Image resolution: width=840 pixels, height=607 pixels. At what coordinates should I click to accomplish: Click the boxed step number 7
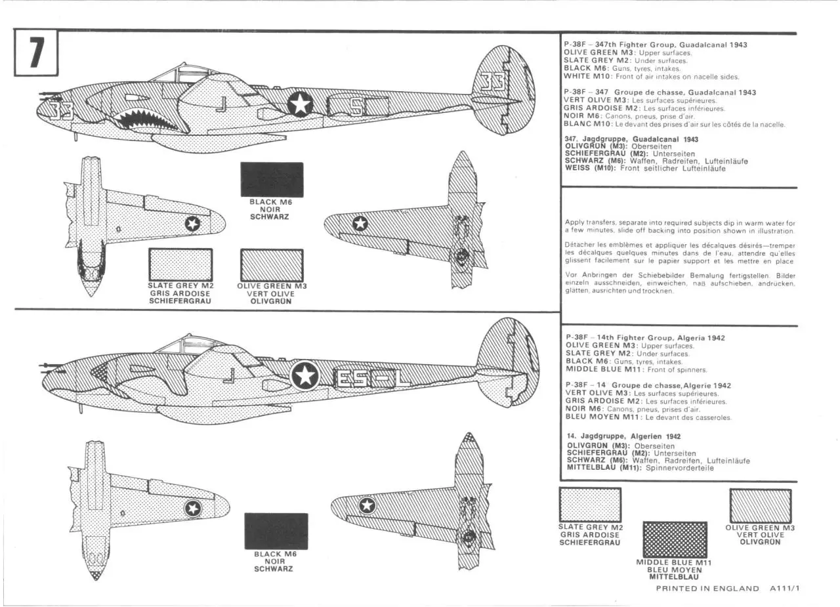click(x=36, y=53)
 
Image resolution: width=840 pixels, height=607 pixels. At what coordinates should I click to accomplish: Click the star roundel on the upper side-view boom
click(x=300, y=104)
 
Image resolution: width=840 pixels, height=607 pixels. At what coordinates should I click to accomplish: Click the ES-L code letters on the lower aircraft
click(x=371, y=378)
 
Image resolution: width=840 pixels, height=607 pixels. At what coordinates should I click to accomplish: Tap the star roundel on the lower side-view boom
click(x=305, y=375)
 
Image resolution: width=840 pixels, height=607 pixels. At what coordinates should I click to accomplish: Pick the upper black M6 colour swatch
click(x=272, y=180)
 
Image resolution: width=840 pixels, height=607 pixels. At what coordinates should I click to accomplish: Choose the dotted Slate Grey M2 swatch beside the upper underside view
click(x=180, y=264)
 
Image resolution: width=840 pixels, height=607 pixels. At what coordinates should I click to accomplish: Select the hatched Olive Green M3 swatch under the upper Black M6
click(x=272, y=265)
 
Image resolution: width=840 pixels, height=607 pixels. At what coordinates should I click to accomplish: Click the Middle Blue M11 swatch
click(x=675, y=539)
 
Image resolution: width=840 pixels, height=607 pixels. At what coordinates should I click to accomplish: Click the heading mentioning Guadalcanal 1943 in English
click(x=656, y=45)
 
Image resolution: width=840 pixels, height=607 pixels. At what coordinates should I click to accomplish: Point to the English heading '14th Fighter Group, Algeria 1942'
click(x=645, y=338)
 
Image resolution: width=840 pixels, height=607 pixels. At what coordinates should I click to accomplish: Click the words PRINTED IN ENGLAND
click(x=707, y=589)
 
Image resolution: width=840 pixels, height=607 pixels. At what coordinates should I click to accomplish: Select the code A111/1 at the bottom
click(x=785, y=589)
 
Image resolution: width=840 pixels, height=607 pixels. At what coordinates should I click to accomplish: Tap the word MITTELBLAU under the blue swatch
click(x=674, y=577)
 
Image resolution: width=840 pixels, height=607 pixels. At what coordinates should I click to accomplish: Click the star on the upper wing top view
click(x=360, y=224)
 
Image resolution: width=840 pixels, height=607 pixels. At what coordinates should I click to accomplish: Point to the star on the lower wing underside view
click(x=193, y=509)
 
